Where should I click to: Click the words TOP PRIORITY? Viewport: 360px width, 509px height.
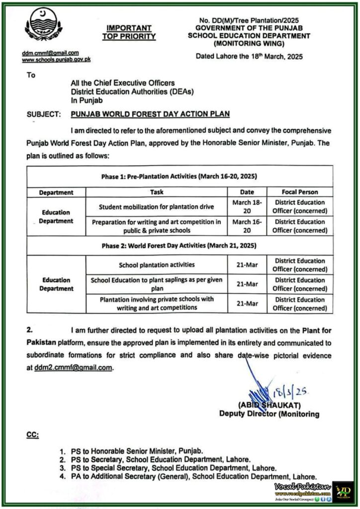(x=129, y=37)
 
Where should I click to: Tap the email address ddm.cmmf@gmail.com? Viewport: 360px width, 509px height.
(x=50, y=53)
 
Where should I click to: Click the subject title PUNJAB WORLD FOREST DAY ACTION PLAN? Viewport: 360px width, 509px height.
(x=150, y=114)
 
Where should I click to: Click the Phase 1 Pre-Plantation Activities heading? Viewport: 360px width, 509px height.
(x=180, y=176)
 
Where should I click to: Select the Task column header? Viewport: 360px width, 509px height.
(x=157, y=192)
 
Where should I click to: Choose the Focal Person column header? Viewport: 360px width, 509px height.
(x=300, y=192)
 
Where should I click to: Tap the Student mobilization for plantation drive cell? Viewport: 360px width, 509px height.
(x=157, y=206)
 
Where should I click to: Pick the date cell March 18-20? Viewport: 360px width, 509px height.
(x=247, y=206)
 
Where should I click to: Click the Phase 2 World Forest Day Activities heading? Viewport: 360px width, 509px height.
(x=180, y=245)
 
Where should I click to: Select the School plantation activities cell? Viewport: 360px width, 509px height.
(x=157, y=264)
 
